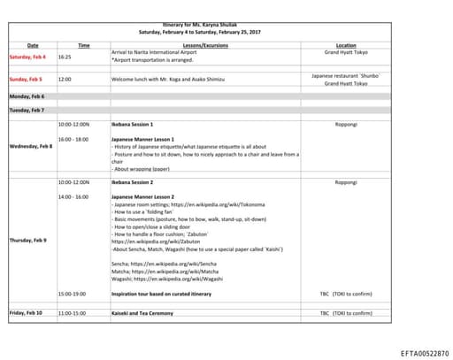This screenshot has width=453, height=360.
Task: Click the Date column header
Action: pyautogui.click(x=33, y=44)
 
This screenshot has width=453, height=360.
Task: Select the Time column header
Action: pyautogui.click(x=83, y=44)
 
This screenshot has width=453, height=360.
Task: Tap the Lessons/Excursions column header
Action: pyautogui.click(x=204, y=44)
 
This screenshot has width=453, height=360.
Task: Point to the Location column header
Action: pyautogui.click(x=346, y=44)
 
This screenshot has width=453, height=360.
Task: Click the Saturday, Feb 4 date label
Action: pyautogui.click(x=27, y=57)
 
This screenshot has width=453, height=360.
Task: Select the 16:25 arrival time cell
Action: pyautogui.click(x=65, y=57)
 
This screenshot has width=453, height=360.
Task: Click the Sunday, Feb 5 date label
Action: pyautogui.click(x=27, y=79)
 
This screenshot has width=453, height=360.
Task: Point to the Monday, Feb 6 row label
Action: pyautogui.click(x=27, y=96)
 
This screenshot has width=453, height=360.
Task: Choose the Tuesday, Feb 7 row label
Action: pyautogui.click(x=27, y=111)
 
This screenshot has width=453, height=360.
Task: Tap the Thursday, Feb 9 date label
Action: pyautogui.click(x=28, y=240)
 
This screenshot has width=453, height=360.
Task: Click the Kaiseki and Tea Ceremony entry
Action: pyautogui.click(x=147, y=312)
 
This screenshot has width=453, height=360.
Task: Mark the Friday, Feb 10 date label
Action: pyautogui.click(x=27, y=312)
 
